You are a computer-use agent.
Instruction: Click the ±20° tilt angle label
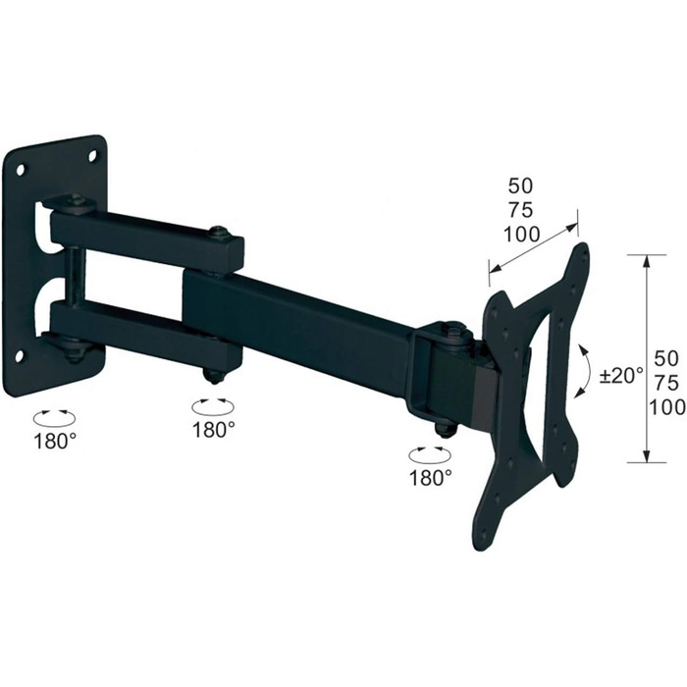[621, 376]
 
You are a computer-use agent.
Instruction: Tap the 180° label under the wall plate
[55, 441]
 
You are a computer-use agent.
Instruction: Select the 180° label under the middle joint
[213, 430]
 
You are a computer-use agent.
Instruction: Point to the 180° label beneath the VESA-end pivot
[431, 477]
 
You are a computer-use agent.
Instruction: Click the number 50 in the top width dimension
[520, 186]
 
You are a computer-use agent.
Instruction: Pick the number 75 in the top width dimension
[520, 210]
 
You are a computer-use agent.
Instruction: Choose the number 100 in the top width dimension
[521, 235]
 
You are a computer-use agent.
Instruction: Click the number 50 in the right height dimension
[666, 359]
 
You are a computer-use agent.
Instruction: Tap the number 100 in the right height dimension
[667, 407]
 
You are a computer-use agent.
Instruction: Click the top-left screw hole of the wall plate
[21, 170]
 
